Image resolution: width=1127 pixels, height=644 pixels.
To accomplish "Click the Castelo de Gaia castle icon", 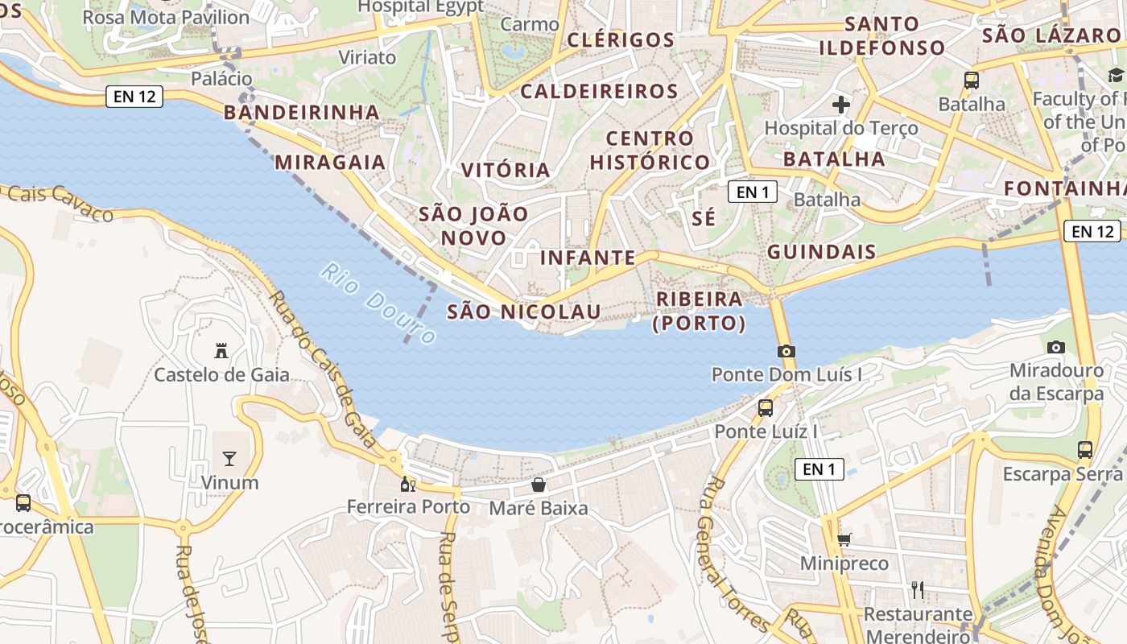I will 221,351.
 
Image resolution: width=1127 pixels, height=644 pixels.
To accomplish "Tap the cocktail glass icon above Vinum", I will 229,459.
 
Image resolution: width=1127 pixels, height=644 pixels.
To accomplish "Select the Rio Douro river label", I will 378,303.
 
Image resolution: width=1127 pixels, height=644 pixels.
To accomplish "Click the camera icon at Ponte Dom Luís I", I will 786,351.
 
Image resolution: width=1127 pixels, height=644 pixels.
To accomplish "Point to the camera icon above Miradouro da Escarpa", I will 1056,347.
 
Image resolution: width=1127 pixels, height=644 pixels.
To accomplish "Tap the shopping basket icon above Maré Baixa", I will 539,485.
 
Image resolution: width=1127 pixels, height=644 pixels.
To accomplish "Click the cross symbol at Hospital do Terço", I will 841,104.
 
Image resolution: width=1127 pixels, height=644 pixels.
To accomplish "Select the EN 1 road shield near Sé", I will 753,192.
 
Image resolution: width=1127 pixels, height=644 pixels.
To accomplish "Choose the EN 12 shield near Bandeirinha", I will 134,97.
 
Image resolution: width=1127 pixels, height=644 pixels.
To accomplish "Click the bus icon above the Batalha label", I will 972,80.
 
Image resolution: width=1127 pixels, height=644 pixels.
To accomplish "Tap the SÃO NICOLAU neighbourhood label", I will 523,312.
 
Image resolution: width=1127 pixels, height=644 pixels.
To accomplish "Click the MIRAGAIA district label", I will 330,162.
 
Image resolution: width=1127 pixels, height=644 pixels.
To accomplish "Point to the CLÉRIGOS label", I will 621,39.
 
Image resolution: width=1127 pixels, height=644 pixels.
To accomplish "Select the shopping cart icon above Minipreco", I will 844,539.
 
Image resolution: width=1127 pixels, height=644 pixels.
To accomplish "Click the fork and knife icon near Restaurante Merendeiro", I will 917,590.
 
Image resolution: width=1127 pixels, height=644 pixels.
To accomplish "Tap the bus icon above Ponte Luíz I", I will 766,407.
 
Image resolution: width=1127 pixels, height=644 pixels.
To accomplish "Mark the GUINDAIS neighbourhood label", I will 821,252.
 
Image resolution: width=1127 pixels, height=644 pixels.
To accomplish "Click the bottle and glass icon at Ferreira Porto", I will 408,484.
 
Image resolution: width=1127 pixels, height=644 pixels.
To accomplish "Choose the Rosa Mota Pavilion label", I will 166,17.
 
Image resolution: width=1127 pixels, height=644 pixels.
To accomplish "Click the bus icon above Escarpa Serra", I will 1085,449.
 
